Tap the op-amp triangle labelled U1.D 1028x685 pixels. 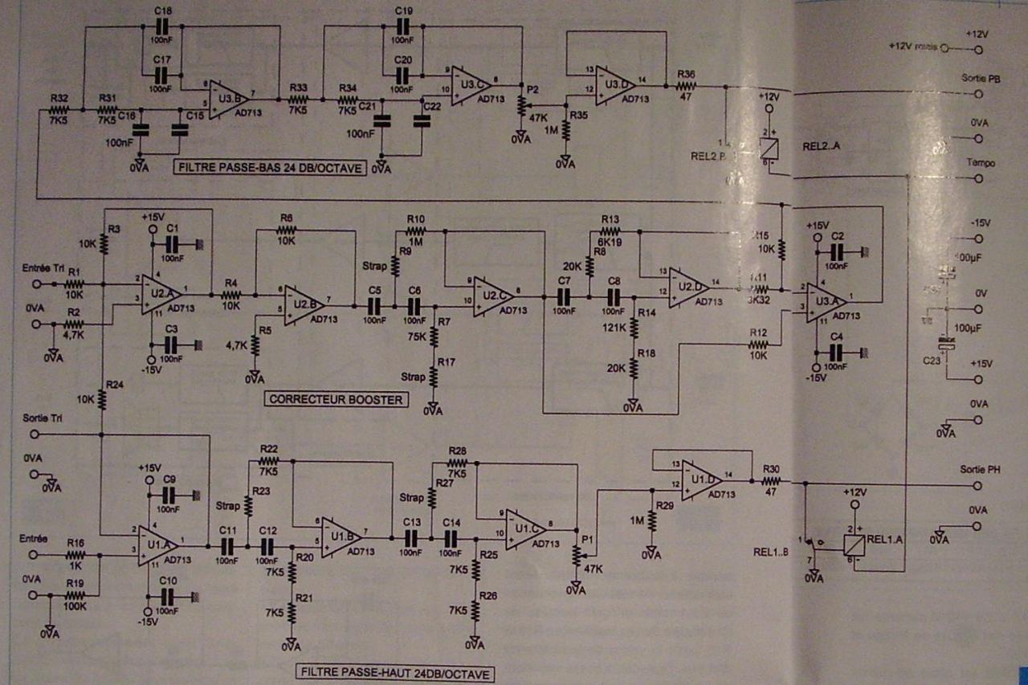[702, 482]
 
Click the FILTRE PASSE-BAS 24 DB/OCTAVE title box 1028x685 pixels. [267, 169]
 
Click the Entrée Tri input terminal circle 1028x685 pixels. [35, 284]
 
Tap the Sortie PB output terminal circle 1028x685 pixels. [978, 94]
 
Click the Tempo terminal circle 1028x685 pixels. [978, 177]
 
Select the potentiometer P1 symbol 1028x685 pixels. [576, 555]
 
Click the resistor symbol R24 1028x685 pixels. [103, 396]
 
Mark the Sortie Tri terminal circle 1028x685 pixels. [35, 434]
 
